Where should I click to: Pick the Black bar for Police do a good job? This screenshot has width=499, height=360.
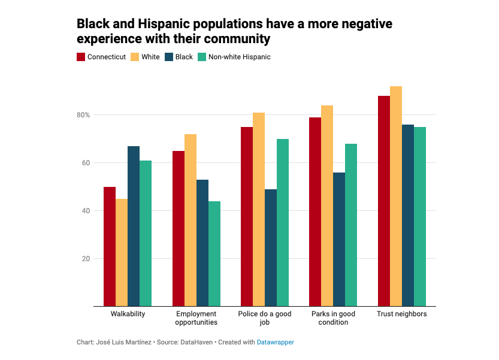pos(271,248)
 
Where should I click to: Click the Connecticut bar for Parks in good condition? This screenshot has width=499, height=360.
pos(315,212)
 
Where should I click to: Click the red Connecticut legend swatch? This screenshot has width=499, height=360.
pos(81,58)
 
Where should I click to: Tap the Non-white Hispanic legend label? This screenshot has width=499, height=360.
pos(239,58)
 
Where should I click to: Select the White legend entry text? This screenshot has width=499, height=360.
pos(150,58)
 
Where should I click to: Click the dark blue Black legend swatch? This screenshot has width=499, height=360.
pos(169,58)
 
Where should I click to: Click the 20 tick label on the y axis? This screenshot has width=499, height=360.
pos(86,259)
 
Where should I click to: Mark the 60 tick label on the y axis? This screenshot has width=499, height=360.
pos(86,163)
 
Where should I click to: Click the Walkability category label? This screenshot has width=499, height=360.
pos(128,314)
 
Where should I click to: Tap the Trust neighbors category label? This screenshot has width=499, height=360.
pos(401,314)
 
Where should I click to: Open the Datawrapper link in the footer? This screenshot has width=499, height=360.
pos(276,342)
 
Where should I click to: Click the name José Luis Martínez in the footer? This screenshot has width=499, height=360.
pos(122,342)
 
